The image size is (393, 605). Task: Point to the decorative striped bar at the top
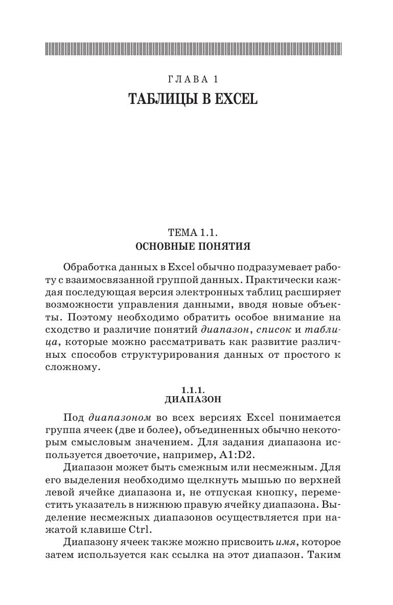(193, 49)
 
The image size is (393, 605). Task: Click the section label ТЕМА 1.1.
(193, 233)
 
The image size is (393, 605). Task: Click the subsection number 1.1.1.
(193, 390)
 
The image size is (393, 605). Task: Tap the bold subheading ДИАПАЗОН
(193, 399)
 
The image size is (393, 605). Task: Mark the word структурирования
(170, 355)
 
